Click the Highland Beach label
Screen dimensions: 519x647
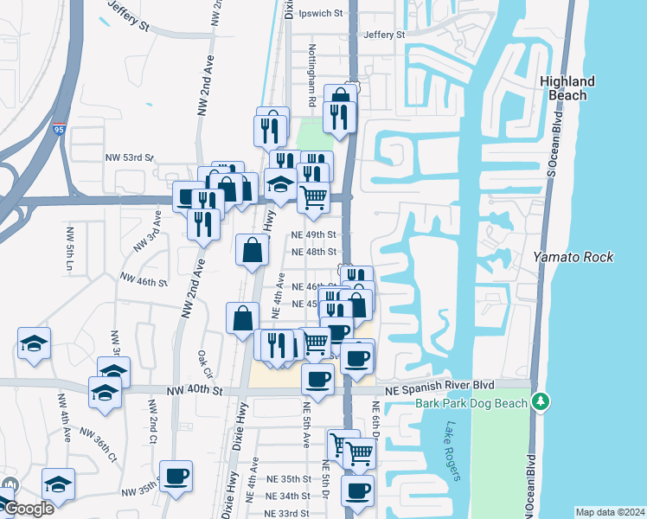click(x=567, y=88)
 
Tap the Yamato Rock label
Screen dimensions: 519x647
click(x=573, y=257)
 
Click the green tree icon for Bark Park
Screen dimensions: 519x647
click(x=541, y=401)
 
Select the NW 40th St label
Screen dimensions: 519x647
click(x=195, y=391)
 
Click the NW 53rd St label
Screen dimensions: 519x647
click(x=129, y=158)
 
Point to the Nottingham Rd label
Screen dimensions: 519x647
click(x=311, y=76)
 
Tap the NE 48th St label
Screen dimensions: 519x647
click(x=314, y=252)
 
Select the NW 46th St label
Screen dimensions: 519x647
click(x=144, y=281)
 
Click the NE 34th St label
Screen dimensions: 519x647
click(x=288, y=496)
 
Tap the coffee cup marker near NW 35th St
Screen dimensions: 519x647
click(x=176, y=476)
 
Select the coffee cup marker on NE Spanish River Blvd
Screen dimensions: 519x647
click(x=318, y=379)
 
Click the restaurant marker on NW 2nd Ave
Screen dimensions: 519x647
click(x=202, y=226)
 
